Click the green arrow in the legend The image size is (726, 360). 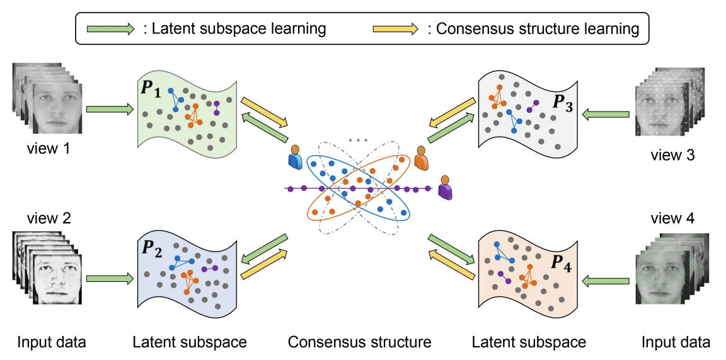click(x=110, y=29)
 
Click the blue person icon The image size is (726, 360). click(x=294, y=158)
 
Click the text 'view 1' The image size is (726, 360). click(x=48, y=151)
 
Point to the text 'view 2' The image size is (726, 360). click(x=48, y=218)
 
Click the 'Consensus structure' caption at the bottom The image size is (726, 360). click(x=359, y=342)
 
